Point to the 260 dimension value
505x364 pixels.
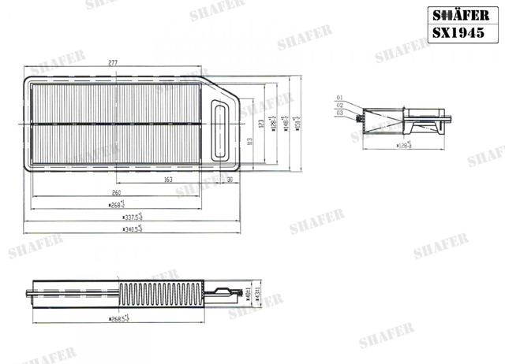pyautogui.click(x=116, y=192)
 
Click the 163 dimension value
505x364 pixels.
pyautogui.click(x=169, y=180)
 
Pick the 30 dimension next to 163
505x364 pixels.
pyautogui.click(x=230, y=180)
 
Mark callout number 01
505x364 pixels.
pyautogui.click(x=339, y=97)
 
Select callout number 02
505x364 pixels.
pyautogui.click(x=339, y=105)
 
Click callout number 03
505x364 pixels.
pyautogui.click(x=339, y=113)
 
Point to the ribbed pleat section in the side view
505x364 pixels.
pyautogui.click(x=158, y=295)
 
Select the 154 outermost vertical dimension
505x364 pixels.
pyautogui.click(x=297, y=122)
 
